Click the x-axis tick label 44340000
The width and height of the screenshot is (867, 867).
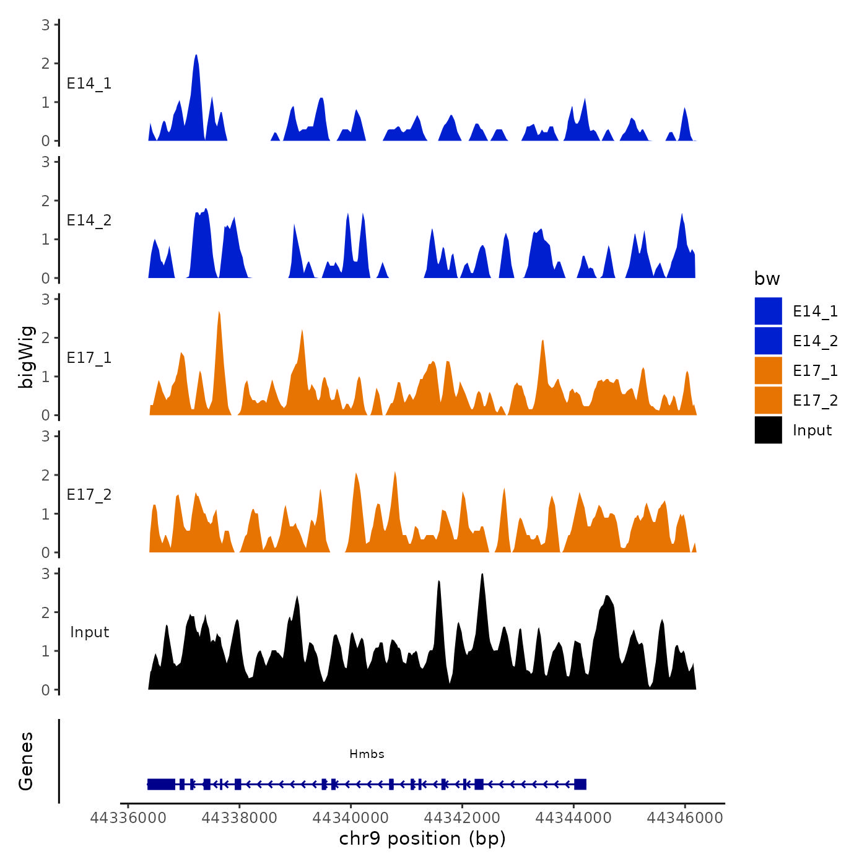click(351, 817)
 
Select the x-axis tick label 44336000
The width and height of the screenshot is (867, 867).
click(128, 817)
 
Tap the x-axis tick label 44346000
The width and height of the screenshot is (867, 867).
click(685, 817)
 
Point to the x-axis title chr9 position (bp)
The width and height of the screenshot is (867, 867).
click(422, 839)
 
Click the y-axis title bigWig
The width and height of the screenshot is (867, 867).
click(26, 357)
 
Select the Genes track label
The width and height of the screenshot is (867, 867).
click(26, 761)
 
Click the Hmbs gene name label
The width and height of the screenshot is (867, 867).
click(367, 754)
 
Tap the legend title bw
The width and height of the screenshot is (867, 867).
click(767, 279)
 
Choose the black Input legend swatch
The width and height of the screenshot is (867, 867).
click(768, 430)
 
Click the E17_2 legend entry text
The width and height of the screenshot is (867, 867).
click(815, 401)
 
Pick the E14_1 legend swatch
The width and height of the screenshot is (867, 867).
click(768, 311)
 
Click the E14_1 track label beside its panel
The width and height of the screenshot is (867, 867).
click(89, 84)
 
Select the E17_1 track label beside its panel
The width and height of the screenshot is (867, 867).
click(89, 358)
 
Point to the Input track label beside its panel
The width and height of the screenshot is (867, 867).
click(89, 632)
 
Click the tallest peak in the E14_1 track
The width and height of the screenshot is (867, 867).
click(196, 56)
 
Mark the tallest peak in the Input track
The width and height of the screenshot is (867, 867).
click(482, 575)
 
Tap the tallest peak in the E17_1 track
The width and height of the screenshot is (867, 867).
click(219, 313)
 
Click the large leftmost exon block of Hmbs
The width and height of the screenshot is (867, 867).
click(161, 784)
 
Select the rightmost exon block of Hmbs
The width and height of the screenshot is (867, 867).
click(580, 784)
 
